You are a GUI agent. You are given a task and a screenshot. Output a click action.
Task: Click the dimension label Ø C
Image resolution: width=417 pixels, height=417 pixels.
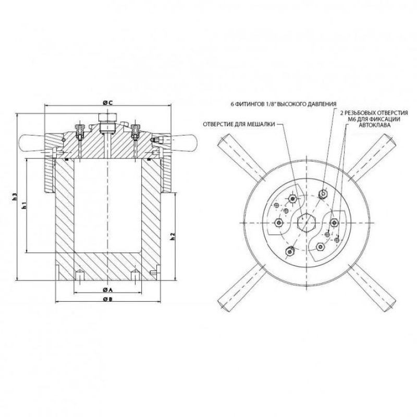click(x=107, y=102)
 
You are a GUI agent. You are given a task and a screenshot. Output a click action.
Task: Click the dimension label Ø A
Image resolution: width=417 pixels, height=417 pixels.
click(x=107, y=289)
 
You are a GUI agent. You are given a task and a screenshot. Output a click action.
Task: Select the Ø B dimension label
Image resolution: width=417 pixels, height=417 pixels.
click(x=107, y=299)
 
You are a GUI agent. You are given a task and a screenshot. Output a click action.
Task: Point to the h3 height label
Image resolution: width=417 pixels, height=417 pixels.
click(x=15, y=197)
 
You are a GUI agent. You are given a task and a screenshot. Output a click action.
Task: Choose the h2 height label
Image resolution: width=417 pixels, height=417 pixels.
click(x=173, y=236)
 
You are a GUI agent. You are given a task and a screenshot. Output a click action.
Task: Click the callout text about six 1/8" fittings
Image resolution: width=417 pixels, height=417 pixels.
click(x=284, y=104)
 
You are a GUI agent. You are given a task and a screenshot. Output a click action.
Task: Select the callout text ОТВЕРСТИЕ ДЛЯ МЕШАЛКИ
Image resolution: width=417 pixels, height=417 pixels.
click(x=239, y=124)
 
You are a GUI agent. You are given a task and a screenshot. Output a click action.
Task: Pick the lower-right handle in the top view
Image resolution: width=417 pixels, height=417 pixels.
click(x=372, y=288)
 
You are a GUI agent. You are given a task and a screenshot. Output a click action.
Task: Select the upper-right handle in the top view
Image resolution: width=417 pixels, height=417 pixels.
click(x=372, y=157)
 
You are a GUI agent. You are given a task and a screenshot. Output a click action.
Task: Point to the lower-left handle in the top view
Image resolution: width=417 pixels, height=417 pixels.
click(x=241, y=288)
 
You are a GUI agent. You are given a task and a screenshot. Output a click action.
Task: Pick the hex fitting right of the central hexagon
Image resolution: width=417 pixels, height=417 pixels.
click(x=334, y=222)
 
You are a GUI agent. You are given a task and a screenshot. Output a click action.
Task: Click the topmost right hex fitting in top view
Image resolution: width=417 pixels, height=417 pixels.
click(x=323, y=193)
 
